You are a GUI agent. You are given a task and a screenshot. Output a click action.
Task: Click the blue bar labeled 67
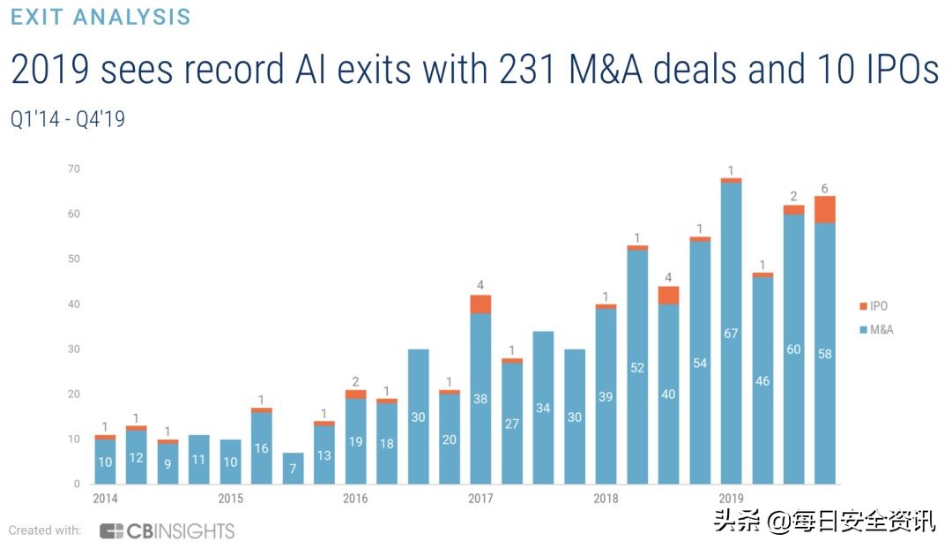[731, 334]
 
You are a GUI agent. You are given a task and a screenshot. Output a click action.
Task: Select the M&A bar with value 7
[293, 469]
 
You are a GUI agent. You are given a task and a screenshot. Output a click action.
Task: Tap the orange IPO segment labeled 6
[825, 209]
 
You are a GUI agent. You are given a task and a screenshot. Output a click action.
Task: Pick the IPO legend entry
[875, 305]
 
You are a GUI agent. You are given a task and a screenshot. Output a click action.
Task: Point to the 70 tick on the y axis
[74, 169]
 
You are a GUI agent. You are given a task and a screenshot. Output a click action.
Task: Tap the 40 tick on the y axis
[74, 304]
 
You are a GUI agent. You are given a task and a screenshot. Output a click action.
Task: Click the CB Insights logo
[167, 530]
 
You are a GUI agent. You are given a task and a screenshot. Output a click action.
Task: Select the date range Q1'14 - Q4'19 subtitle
[68, 119]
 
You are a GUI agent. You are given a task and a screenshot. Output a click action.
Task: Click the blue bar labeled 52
[637, 367]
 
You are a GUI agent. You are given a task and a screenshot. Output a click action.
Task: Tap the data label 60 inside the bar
[793, 350]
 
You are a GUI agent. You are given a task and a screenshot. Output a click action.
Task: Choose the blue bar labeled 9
[167, 463]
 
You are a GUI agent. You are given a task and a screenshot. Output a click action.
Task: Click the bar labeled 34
[543, 408]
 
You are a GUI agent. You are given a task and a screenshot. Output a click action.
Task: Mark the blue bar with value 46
[762, 380]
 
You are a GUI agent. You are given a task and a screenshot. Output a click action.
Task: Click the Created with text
[45, 530]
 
